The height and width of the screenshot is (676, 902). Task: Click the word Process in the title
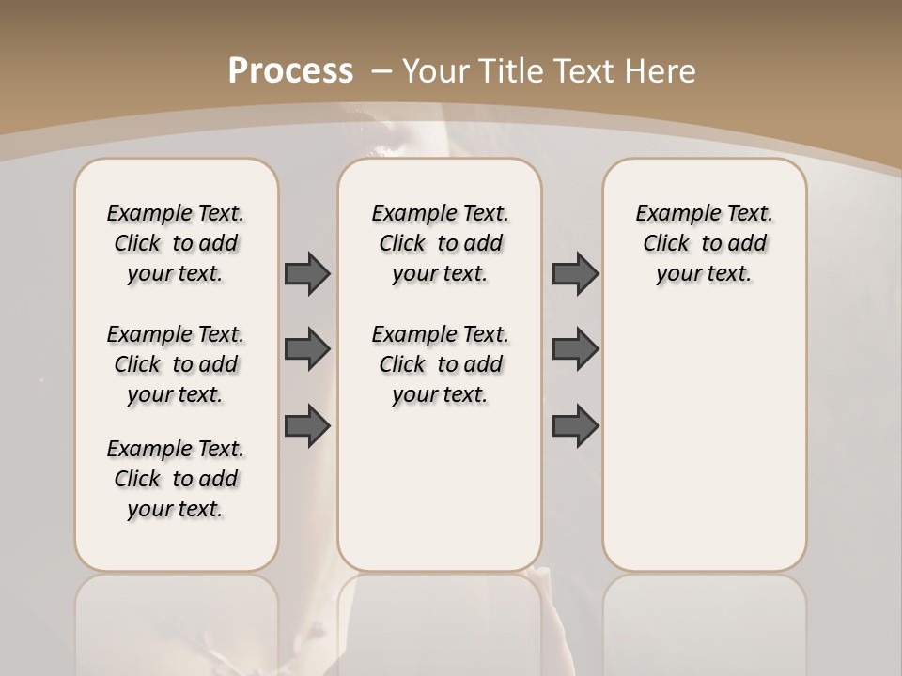point(291,71)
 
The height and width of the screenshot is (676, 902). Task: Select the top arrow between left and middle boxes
point(307,273)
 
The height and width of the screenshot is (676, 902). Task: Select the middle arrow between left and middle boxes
point(307,349)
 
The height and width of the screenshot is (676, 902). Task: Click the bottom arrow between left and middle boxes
point(307,425)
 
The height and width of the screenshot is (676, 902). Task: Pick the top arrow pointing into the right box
point(575,273)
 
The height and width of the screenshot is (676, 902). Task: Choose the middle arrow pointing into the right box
point(575,349)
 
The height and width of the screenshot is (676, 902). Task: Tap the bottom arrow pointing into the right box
point(575,425)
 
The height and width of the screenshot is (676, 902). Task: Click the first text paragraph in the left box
point(176,243)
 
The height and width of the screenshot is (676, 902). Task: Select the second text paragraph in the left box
point(176,364)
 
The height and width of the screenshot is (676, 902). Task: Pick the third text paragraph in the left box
point(176,479)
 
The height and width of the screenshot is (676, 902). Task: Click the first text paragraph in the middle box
point(440,243)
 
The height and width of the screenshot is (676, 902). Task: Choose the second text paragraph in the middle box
point(440,364)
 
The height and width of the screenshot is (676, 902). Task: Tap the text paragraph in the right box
point(705,243)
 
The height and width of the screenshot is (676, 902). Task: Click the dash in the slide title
point(381,71)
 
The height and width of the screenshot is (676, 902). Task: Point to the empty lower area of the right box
point(705,441)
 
